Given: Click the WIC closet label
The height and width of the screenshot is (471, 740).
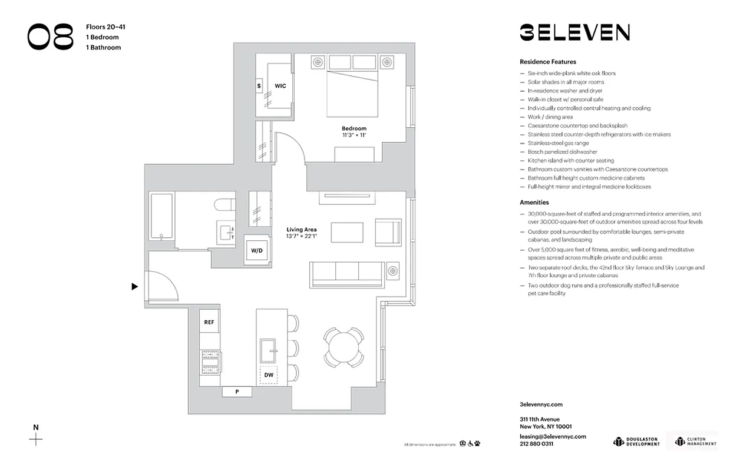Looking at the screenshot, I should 280,86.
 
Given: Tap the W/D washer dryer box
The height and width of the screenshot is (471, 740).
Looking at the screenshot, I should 257,250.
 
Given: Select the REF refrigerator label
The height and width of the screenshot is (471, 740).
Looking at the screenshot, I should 209,322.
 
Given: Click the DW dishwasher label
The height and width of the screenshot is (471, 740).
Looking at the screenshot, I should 269,374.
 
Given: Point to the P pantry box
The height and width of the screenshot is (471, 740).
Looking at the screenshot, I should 237,392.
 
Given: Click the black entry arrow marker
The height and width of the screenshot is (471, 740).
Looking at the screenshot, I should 135,287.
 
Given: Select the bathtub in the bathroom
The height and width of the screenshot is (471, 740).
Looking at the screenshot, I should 161,216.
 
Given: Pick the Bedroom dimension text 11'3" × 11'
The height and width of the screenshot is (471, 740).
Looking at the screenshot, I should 354,135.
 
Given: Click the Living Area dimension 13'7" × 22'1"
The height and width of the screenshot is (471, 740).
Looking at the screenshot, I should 302,236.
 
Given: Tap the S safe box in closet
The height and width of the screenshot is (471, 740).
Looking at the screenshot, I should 259,86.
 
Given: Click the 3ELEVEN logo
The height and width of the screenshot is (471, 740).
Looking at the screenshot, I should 574,32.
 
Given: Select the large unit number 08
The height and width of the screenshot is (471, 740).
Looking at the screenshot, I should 50,37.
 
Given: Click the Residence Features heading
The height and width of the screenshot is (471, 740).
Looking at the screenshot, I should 547,62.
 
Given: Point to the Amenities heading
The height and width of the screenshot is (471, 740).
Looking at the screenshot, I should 534,203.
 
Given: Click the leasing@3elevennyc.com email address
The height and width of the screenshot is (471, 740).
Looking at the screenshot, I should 553,436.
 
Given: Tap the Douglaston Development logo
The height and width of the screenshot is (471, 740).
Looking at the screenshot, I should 636,441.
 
